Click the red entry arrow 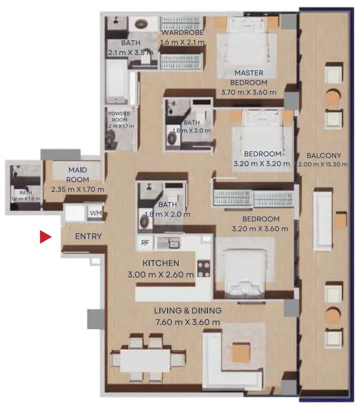click(45, 237)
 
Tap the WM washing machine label click(95, 213)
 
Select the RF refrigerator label click(145, 243)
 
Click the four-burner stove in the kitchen click(204, 269)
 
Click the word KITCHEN click(161, 263)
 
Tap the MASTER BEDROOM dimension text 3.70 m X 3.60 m click(249, 93)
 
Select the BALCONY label click(324, 156)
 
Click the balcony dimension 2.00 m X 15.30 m click(323, 165)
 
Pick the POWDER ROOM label click(119, 117)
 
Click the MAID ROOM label click(78, 174)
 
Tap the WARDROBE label click(182, 32)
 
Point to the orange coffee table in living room click(241, 353)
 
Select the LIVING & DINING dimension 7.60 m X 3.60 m click(188, 322)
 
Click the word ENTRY click(88, 236)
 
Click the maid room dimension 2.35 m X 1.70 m click(78, 189)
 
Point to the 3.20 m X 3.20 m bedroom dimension click(262, 164)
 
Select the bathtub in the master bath click(117, 81)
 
